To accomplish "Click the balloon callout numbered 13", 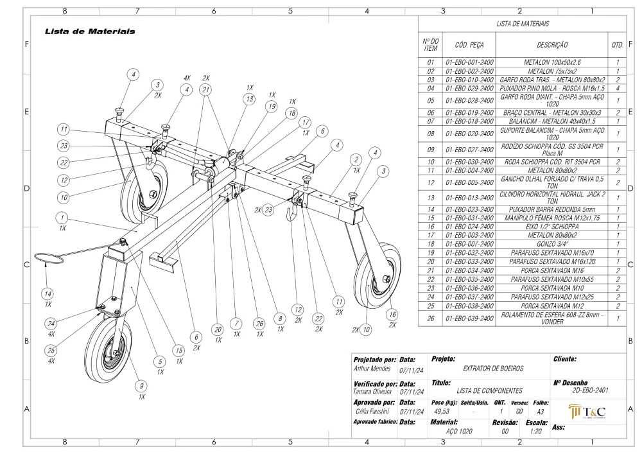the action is point(249,99).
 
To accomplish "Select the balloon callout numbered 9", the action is point(141,386).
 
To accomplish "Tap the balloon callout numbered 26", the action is point(259,324).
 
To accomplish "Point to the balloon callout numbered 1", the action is point(62,218).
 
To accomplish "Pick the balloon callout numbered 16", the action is point(392,315).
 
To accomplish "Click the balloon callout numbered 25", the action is point(51,351).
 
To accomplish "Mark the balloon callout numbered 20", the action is point(218,329).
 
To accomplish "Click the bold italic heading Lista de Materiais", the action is point(90,31).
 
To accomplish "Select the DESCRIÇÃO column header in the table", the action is point(552,45).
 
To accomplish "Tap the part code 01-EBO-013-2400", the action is point(469,198).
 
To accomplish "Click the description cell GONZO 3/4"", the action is point(552,244).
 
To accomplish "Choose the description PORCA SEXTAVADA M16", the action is point(552,270).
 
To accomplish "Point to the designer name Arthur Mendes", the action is point(372,369).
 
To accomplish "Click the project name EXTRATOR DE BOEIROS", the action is point(493,369).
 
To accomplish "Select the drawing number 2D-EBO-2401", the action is point(591,390).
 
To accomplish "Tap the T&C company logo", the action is point(587,411).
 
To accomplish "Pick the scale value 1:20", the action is point(535,431).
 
